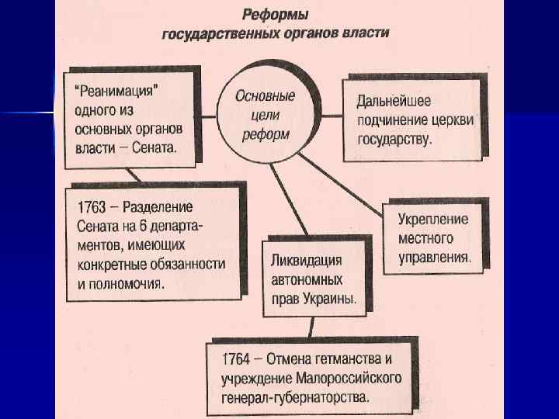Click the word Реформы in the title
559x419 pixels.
coord(275,15)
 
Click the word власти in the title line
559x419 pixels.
coord(366,33)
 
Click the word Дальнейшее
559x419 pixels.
coord(394,100)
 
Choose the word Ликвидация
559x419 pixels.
coord(305,258)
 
